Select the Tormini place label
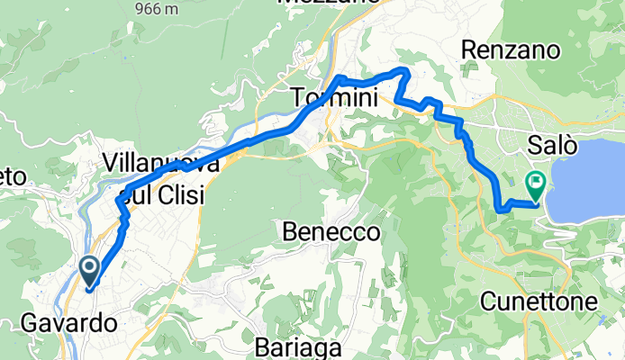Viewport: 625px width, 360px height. pos(334,98)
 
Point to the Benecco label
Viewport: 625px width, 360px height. pos(331,232)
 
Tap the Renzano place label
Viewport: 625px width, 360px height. pos(504,51)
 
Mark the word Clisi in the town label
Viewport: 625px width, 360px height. pos(177,194)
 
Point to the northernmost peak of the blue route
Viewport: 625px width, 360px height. pos(403,69)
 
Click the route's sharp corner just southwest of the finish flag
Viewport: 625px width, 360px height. pos(499,209)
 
